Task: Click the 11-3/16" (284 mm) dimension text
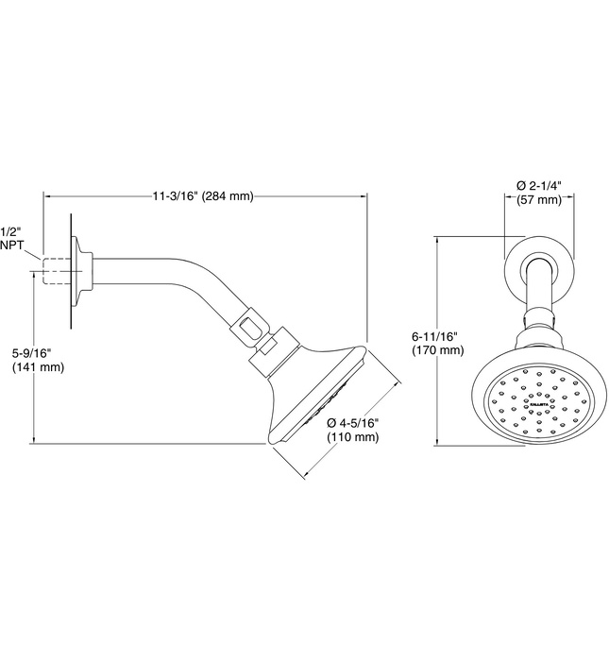click(x=203, y=196)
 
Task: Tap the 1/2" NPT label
click(x=11, y=237)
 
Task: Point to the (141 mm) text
click(x=39, y=367)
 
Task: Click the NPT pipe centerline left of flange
click(x=34, y=271)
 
